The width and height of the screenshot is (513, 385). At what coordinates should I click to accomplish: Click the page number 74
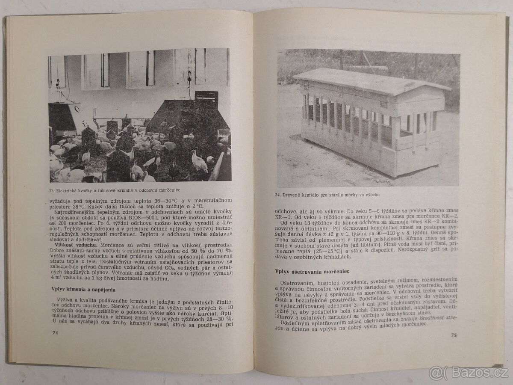coord(55,332)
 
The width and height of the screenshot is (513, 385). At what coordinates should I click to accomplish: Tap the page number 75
coord(454,335)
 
